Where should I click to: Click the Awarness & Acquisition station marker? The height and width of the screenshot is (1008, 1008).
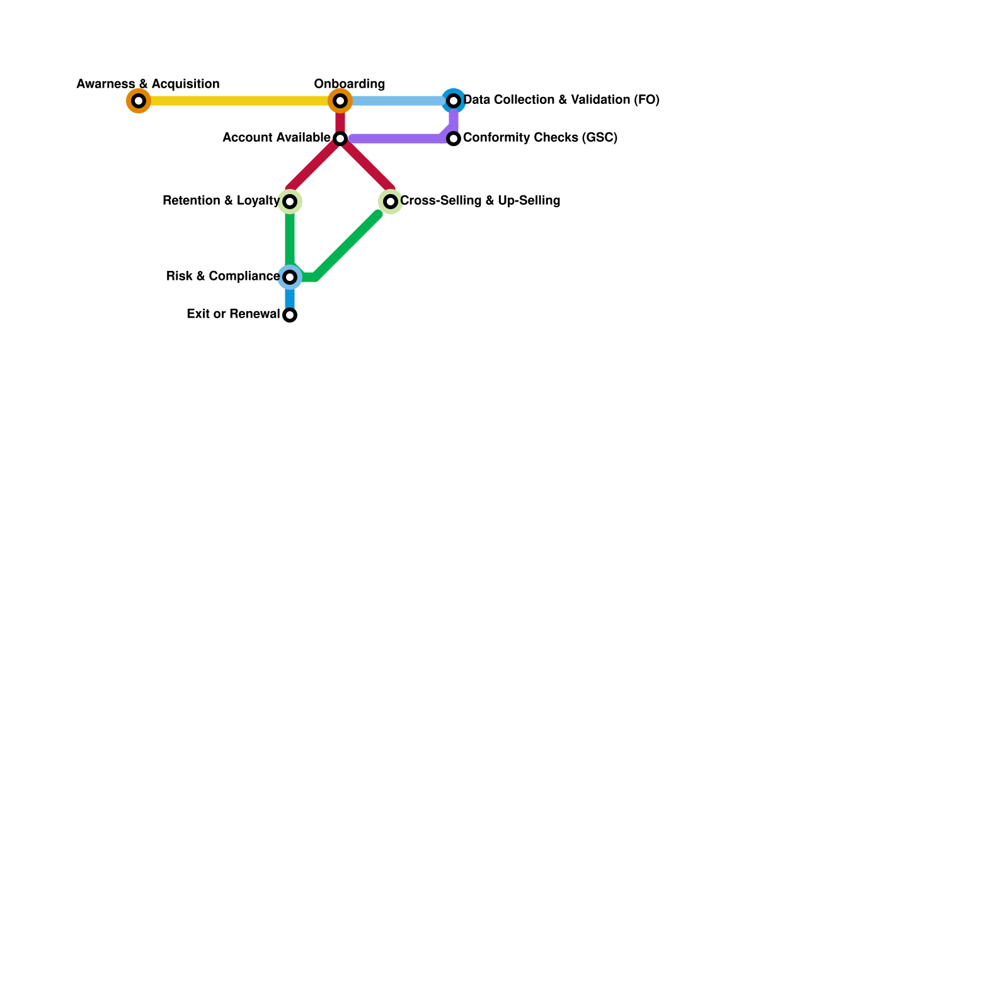tap(139, 101)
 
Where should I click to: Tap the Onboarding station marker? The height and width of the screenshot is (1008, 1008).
tap(340, 101)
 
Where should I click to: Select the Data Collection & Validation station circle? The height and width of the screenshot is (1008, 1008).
tap(454, 101)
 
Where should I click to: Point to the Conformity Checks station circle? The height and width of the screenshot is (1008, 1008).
tap(454, 139)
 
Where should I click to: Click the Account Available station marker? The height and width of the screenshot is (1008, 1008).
tap(340, 139)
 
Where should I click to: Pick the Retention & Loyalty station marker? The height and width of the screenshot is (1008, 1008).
tap(290, 202)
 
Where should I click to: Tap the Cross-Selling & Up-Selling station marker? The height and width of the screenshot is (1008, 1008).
tap(391, 202)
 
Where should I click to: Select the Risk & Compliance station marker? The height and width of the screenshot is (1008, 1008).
tap(290, 277)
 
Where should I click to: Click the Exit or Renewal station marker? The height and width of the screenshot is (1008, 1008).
tap(290, 315)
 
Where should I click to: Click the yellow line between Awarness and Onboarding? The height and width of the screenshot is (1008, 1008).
tap(239, 101)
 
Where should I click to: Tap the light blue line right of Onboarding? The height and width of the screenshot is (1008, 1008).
tap(397, 101)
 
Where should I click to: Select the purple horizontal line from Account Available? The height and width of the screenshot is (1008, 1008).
tap(397, 139)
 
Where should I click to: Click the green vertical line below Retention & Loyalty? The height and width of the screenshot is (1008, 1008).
tap(290, 239)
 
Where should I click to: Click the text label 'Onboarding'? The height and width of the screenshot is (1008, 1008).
tap(350, 84)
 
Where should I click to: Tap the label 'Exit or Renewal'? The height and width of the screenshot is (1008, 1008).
tap(233, 314)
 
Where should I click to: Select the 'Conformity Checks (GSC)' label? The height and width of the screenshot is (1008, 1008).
tap(540, 138)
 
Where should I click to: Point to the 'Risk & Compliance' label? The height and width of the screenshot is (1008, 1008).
tap(223, 277)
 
